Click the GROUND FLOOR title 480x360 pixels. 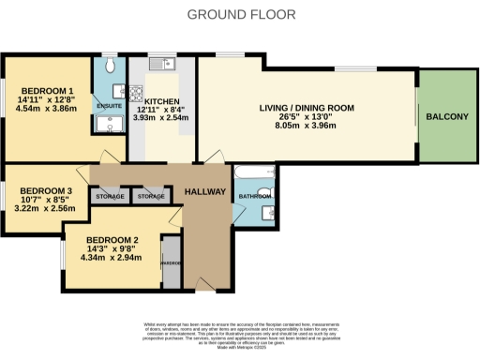coord(241,14)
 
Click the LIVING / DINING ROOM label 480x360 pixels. coord(307,109)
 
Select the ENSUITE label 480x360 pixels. coord(109,106)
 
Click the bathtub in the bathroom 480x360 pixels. coord(253,173)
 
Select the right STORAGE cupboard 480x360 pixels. coord(150,197)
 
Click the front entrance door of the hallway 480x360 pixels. coord(204,284)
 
